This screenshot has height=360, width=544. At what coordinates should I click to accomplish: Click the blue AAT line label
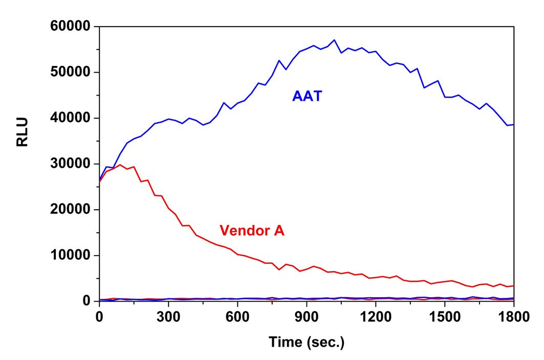(307, 96)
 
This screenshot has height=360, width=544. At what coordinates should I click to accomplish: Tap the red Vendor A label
(252, 231)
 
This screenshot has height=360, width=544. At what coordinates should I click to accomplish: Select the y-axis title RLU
(23, 132)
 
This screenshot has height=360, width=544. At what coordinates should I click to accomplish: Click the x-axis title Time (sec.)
(307, 342)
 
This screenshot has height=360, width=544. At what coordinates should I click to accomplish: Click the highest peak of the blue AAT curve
(334, 40)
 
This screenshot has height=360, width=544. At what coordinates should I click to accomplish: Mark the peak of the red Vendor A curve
(120, 165)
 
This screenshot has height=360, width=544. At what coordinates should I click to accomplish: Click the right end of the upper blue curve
(513, 124)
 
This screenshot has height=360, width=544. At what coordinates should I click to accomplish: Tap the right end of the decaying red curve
(513, 285)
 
